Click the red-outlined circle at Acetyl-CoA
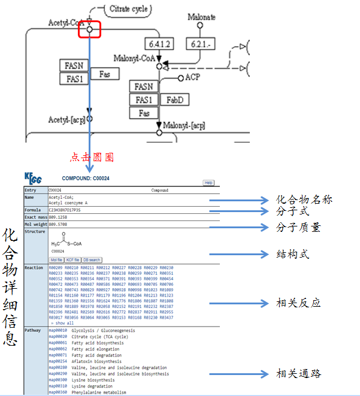(x=90, y=29)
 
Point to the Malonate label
(x=202, y=17)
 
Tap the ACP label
(x=192, y=77)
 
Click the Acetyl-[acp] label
(x=66, y=120)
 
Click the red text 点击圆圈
(x=92, y=158)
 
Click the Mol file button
(x=56, y=259)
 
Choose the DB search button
(x=92, y=259)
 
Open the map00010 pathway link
(x=57, y=330)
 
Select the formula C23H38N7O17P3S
(x=64, y=210)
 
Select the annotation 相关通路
(x=298, y=374)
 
